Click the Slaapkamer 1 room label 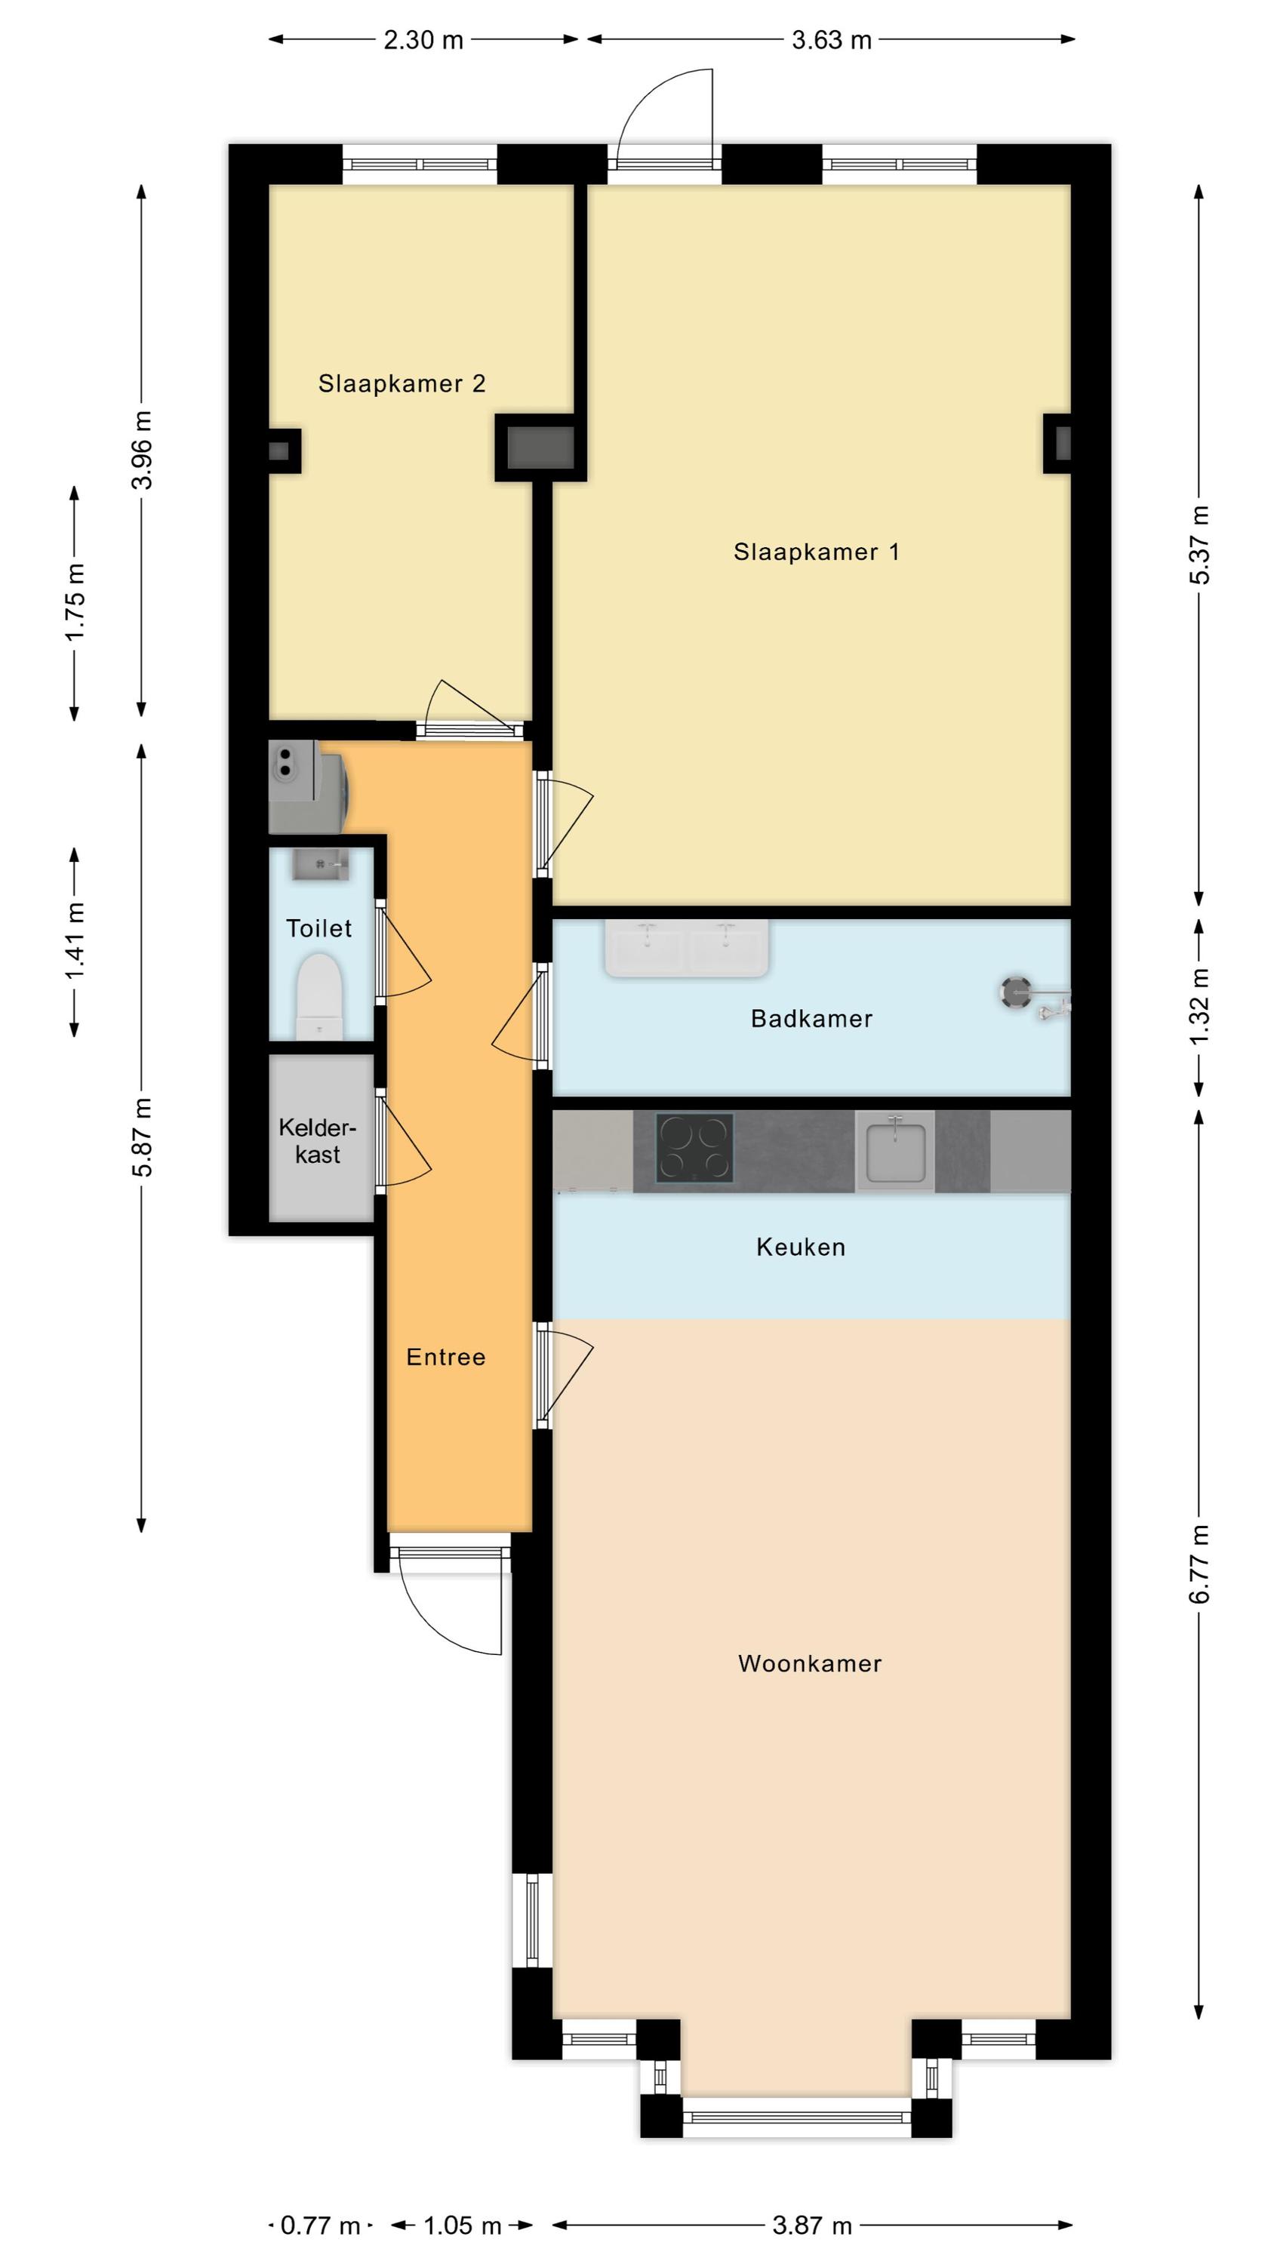816,552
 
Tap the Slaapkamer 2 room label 402,383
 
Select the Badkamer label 811,1019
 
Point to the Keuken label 801,1247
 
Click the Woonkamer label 810,1664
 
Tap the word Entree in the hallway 446,1357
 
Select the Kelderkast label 318,1141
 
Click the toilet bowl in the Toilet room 319,997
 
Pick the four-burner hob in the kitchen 695,1148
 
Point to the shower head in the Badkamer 1017,993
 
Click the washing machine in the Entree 308,786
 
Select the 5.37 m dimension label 1199,545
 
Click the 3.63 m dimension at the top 831,39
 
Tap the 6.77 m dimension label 1199,1564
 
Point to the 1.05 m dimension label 463,2226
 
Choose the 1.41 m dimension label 75,941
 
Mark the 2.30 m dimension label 423,39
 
